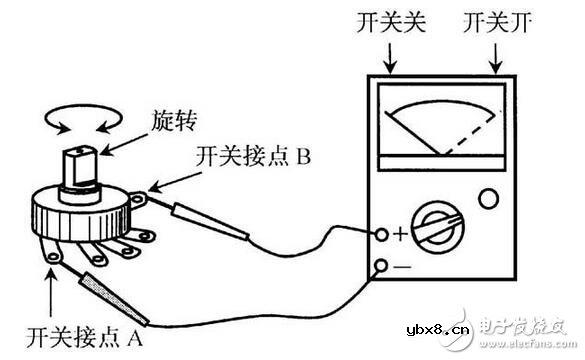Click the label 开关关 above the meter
pos(391,22)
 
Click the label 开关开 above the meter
pos(497,22)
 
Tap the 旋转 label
pos(174,120)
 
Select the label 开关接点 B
pos(254,156)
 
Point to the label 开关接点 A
pos(84,338)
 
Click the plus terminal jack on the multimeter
pos(382,235)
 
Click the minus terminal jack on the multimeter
pos(381,266)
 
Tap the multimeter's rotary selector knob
pos(438,228)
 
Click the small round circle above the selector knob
pos(488,199)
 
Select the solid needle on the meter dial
pos(413,133)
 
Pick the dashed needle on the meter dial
pos(470,135)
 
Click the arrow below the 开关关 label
pos(390,58)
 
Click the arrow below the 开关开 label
pos(496,58)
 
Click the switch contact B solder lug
pos(138,200)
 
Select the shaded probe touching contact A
pos(114,298)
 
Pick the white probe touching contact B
pos(210,221)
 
